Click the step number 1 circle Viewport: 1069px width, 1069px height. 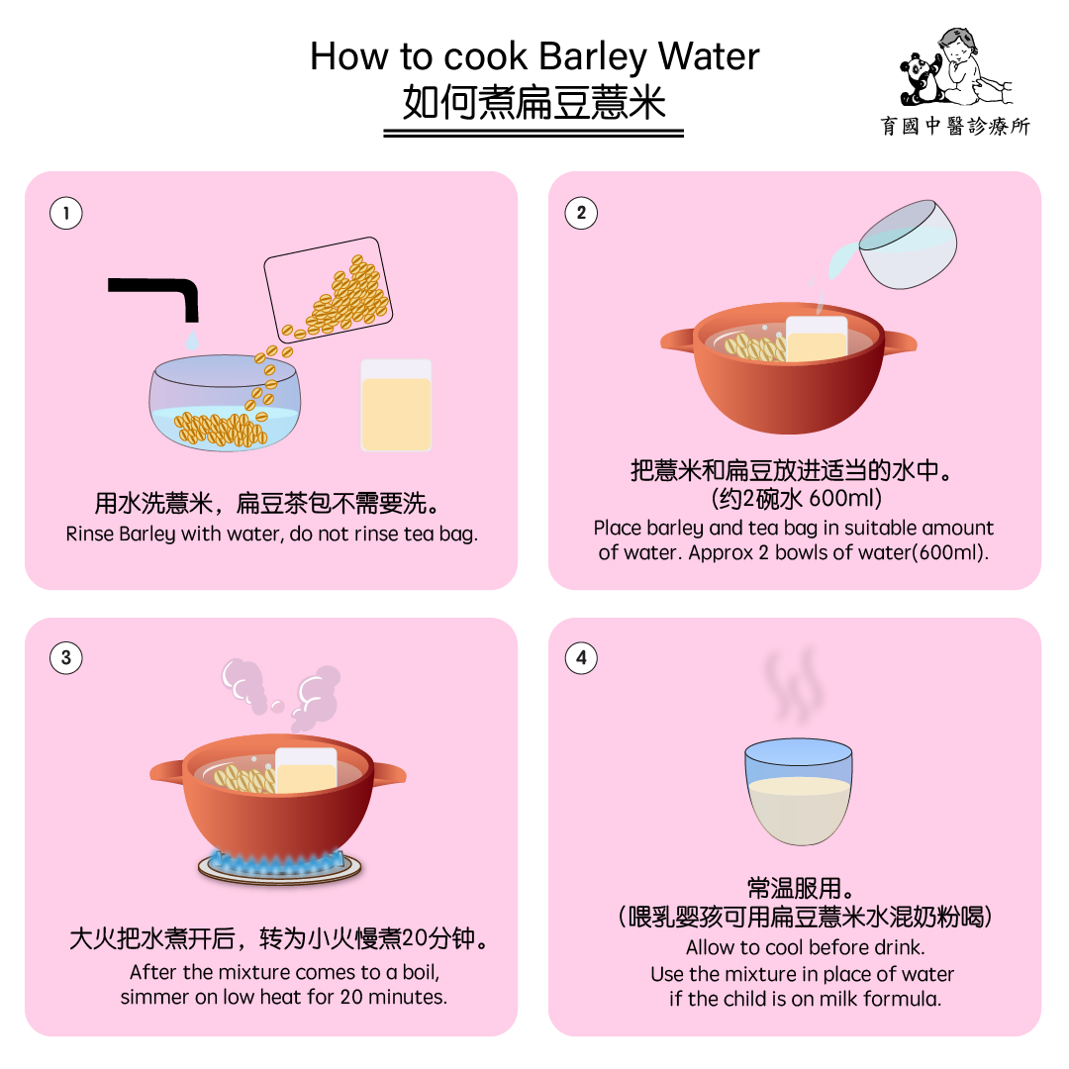66,213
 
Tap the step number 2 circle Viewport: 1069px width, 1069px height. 581,213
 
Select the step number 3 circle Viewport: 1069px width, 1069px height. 66,658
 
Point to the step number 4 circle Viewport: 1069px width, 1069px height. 581,658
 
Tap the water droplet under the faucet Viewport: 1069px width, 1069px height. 192,340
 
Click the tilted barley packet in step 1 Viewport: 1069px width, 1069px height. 328,289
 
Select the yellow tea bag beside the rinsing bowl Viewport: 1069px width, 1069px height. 396,406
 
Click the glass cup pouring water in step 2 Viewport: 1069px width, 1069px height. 907,244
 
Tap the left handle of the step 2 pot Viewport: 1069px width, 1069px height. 678,340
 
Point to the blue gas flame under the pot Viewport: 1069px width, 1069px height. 279,862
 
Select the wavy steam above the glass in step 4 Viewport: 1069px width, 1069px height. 792,685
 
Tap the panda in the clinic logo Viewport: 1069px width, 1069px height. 921,79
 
